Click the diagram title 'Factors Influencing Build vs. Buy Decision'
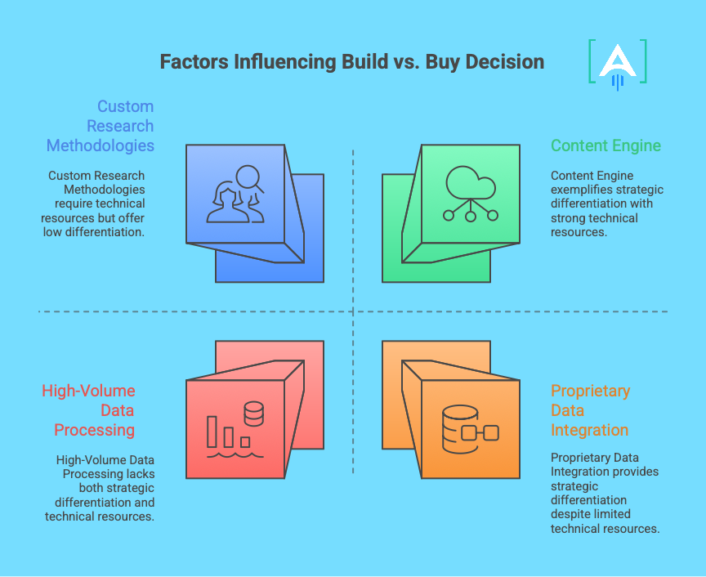(351, 62)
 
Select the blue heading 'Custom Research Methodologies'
(100, 126)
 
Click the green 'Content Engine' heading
(605, 145)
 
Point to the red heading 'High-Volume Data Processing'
(88, 410)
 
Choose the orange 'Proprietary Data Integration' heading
(590, 410)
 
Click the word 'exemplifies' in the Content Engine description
(582, 190)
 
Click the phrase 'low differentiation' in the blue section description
(93, 232)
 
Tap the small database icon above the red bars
(253, 412)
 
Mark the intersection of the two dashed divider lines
(353, 311)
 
